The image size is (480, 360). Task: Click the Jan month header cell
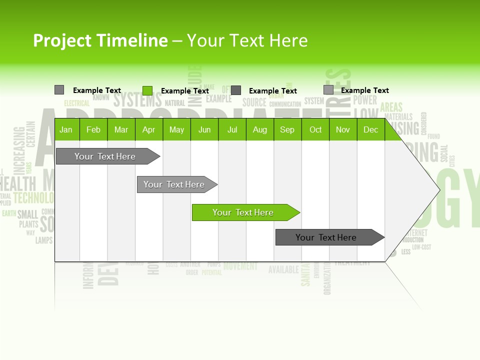tap(66, 129)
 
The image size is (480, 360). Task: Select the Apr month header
tap(149, 129)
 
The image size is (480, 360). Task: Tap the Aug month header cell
tap(260, 129)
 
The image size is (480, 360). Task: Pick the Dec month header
tap(370, 129)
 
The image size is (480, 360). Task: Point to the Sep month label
tap(287, 129)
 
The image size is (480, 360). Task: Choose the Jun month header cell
tap(204, 129)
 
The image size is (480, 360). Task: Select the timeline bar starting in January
tap(105, 156)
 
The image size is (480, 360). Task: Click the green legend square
tap(147, 90)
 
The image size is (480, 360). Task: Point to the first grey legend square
tap(59, 90)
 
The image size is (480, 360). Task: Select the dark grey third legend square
tap(236, 90)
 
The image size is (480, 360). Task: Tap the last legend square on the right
tap(328, 90)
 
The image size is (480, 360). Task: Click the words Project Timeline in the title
tap(100, 40)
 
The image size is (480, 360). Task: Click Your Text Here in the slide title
tap(247, 40)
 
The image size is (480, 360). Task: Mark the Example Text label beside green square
tap(185, 91)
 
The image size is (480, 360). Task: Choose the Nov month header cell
tap(343, 129)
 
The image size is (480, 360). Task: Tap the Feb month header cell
tap(93, 129)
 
